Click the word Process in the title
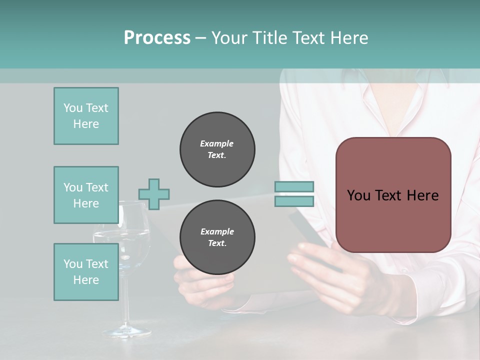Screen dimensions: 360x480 click(x=157, y=38)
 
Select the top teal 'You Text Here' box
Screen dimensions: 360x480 click(x=86, y=116)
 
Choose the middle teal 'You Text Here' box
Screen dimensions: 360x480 click(x=86, y=195)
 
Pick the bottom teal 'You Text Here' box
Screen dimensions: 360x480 click(x=86, y=272)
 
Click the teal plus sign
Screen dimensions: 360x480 click(x=154, y=194)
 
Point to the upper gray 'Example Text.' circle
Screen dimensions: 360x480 click(x=217, y=149)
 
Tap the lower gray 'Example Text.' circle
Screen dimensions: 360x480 click(x=217, y=237)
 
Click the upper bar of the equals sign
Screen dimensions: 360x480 click(x=294, y=186)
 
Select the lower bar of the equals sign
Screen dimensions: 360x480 click(x=294, y=201)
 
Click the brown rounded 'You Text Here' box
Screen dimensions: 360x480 click(x=393, y=195)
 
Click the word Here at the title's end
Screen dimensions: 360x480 click(x=349, y=38)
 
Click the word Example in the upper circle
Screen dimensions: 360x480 click(x=216, y=143)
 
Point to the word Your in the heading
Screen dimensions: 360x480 click(x=228, y=38)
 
